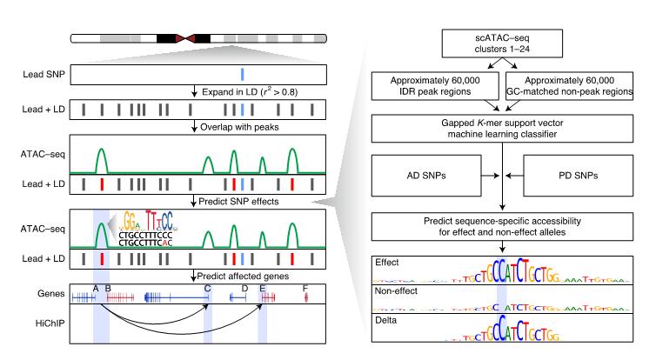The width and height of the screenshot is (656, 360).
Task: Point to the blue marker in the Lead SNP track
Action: [243, 74]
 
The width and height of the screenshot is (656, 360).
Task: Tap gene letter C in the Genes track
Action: [207, 287]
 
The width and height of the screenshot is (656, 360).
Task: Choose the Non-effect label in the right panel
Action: [394, 290]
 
